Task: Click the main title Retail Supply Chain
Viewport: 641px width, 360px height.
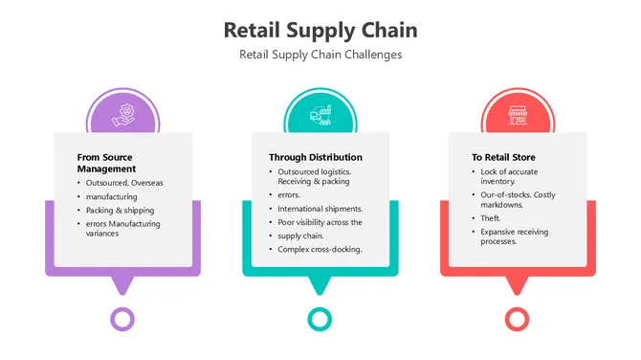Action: click(x=320, y=30)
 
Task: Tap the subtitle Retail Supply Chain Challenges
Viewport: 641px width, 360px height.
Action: click(x=320, y=55)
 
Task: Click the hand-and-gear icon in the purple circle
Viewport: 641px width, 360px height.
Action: click(x=122, y=116)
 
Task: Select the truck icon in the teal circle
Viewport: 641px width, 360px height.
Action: click(x=320, y=116)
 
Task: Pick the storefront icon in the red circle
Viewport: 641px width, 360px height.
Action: click(x=517, y=116)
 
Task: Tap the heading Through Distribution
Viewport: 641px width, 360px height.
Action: click(x=315, y=157)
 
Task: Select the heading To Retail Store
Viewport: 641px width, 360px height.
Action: click(x=503, y=157)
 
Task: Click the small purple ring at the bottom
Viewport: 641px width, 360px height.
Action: click(x=122, y=319)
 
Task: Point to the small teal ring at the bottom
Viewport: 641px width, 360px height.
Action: click(x=320, y=319)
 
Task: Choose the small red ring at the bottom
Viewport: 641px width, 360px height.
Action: click(x=517, y=319)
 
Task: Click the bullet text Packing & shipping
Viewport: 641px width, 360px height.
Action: click(x=120, y=210)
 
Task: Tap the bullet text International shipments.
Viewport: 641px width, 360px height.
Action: click(x=320, y=208)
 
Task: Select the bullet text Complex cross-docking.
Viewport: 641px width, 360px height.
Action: click(x=320, y=249)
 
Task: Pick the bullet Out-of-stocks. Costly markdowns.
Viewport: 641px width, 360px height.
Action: click(x=517, y=199)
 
